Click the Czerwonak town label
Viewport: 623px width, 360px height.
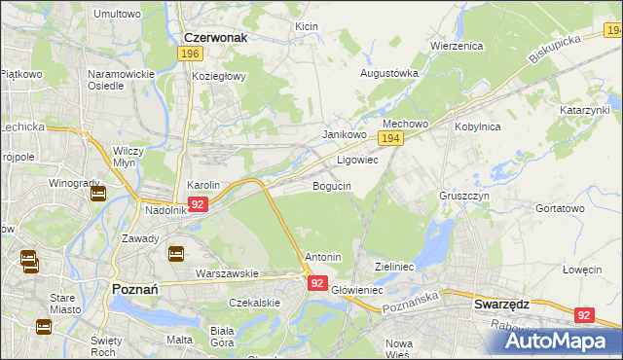click(215, 37)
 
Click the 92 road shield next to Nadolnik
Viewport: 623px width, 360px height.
click(198, 204)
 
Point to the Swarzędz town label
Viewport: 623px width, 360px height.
click(501, 304)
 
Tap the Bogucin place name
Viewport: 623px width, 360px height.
click(332, 185)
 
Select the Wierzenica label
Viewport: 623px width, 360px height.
click(458, 46)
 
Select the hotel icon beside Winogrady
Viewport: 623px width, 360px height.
click(98, 193)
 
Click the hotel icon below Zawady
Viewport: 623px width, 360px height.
click(176, 254)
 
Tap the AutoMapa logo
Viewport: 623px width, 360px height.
click(560, 339)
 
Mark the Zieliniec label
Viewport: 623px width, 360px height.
click(395, 266)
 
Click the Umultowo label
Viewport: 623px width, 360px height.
click(117, 15)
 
